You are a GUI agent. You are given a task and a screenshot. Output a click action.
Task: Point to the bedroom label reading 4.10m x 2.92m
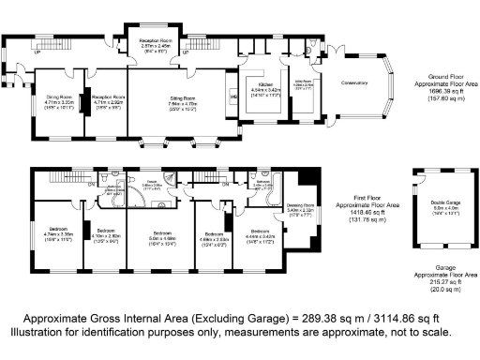click(x=105, y=231)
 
